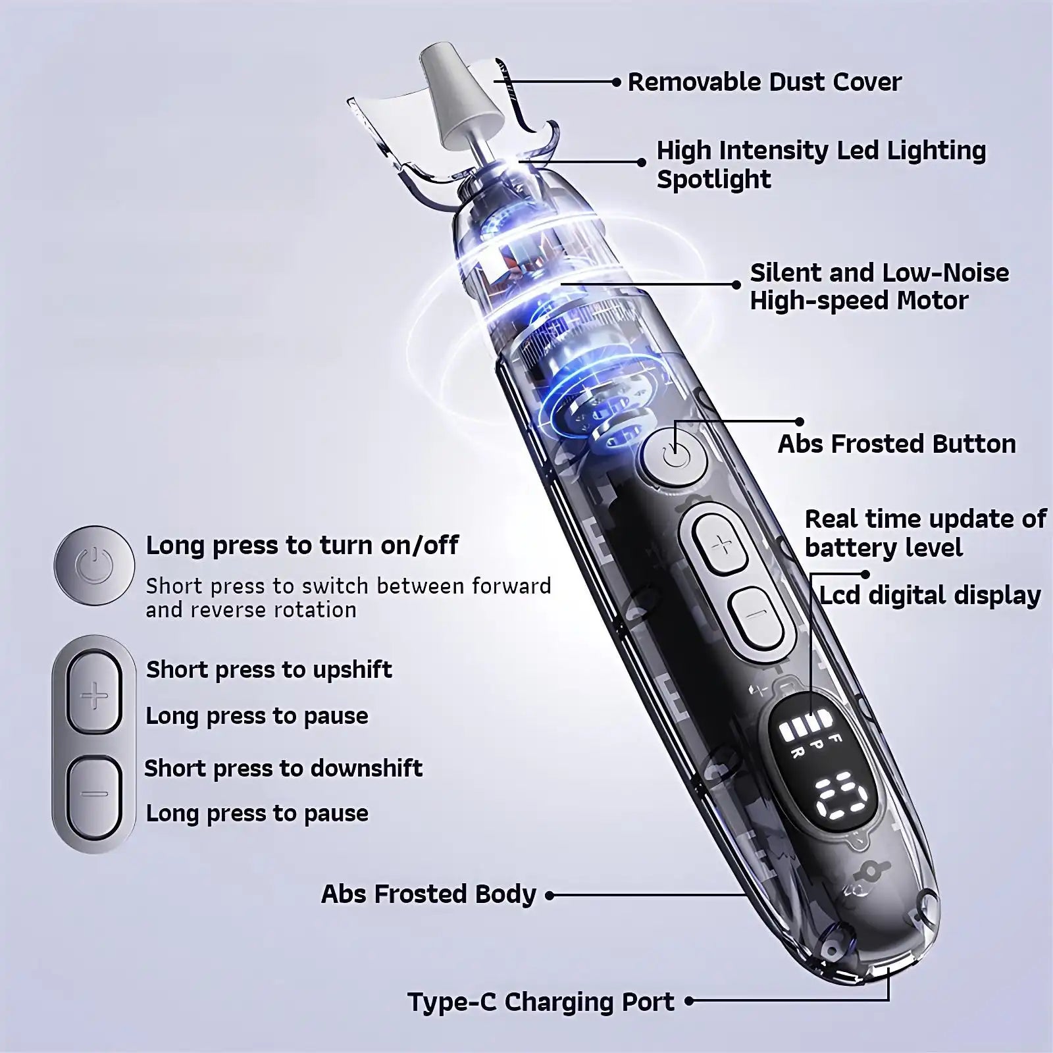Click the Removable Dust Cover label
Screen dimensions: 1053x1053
(x=764, y=82)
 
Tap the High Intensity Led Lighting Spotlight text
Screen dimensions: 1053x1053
(x=821, y=165)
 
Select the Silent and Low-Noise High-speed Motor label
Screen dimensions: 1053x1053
(x=879, y=286)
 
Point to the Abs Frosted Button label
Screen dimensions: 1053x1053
(x=896, y=444)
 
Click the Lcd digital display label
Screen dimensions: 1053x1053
(x=929, y=596)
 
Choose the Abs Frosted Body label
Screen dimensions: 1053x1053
(x=428, y=894)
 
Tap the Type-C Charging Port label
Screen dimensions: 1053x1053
(x=541, y=1002)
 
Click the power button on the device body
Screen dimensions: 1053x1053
(x=675, y=454)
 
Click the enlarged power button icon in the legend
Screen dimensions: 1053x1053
(x=94, y=565)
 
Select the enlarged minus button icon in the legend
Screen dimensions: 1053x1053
(x=94, y=794)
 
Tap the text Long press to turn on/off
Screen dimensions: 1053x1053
(x=302, y=545)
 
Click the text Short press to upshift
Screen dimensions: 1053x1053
(x=269, y=669)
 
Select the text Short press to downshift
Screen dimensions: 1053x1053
(x=283, y=768)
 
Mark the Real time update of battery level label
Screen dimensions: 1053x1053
(x=925, y=533)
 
